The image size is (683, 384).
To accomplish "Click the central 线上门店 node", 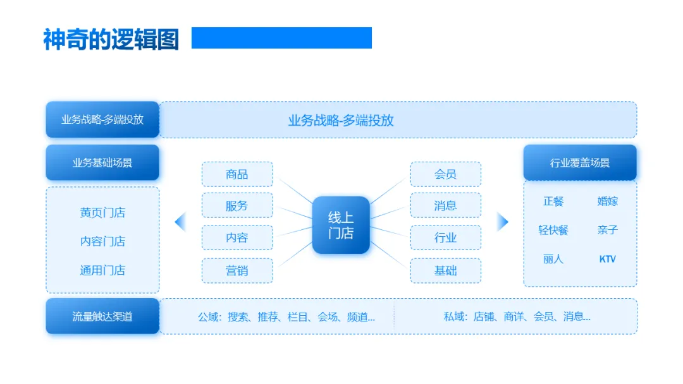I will pos(341,225).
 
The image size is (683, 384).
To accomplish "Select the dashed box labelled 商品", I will pos(237,174).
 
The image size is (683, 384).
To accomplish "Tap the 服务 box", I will pos(237,205).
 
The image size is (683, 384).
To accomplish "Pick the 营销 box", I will pos(237,270).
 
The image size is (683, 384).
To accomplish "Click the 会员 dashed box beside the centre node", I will pos(445,174).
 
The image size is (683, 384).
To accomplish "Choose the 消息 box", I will pos(445,205).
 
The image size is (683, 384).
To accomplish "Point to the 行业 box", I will pos(445,237).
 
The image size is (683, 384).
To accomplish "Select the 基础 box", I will pos(445,270).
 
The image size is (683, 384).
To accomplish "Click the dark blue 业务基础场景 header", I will pos(102,162).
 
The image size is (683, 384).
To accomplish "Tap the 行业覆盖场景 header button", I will pos(580,162).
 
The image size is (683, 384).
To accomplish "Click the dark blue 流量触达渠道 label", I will pos(102,316).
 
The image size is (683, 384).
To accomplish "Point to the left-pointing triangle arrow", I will pos(180,222).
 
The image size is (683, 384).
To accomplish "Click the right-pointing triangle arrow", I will pos(503,222).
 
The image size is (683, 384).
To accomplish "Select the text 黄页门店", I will pos(102,212).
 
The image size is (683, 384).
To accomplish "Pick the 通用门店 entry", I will pos(102,270).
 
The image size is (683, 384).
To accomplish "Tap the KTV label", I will pos(607,259).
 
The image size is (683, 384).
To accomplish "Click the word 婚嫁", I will pos(607,201).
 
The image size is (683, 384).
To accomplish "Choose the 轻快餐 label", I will pos(553,230).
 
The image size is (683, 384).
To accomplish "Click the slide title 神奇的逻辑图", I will pos(111,39).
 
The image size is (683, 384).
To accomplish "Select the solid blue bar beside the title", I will pos(281,38).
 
